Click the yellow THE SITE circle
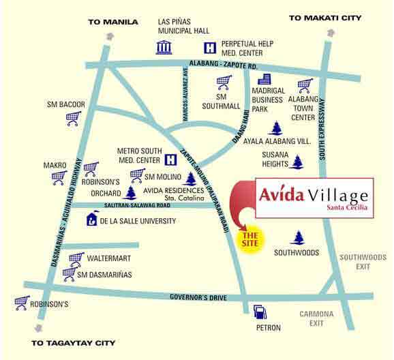point(249,238)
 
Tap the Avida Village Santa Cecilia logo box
point(314,198)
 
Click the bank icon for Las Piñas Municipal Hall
point(164,47)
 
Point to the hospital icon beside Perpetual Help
point(210,48)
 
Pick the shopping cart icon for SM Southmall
point(224,83)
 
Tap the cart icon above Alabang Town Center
point(305,85)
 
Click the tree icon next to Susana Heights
point(297,162)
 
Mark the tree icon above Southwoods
point(297,238)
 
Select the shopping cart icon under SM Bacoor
point(73,118)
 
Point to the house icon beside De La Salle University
point(91,220)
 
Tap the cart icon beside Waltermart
point(76,258)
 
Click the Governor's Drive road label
point(204,296)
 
